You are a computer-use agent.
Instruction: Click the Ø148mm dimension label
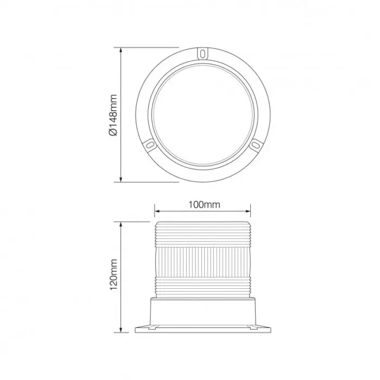(113, 115)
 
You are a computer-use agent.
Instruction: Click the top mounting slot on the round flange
(202, 54)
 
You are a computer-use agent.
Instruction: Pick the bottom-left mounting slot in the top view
(150, 145)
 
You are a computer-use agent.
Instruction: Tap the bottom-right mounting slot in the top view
(255, 145)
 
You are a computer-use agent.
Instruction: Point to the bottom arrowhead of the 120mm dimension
(120, 330)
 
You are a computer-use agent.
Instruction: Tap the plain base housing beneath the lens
(202, 312)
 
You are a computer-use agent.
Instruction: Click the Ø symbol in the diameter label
(113, 132)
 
